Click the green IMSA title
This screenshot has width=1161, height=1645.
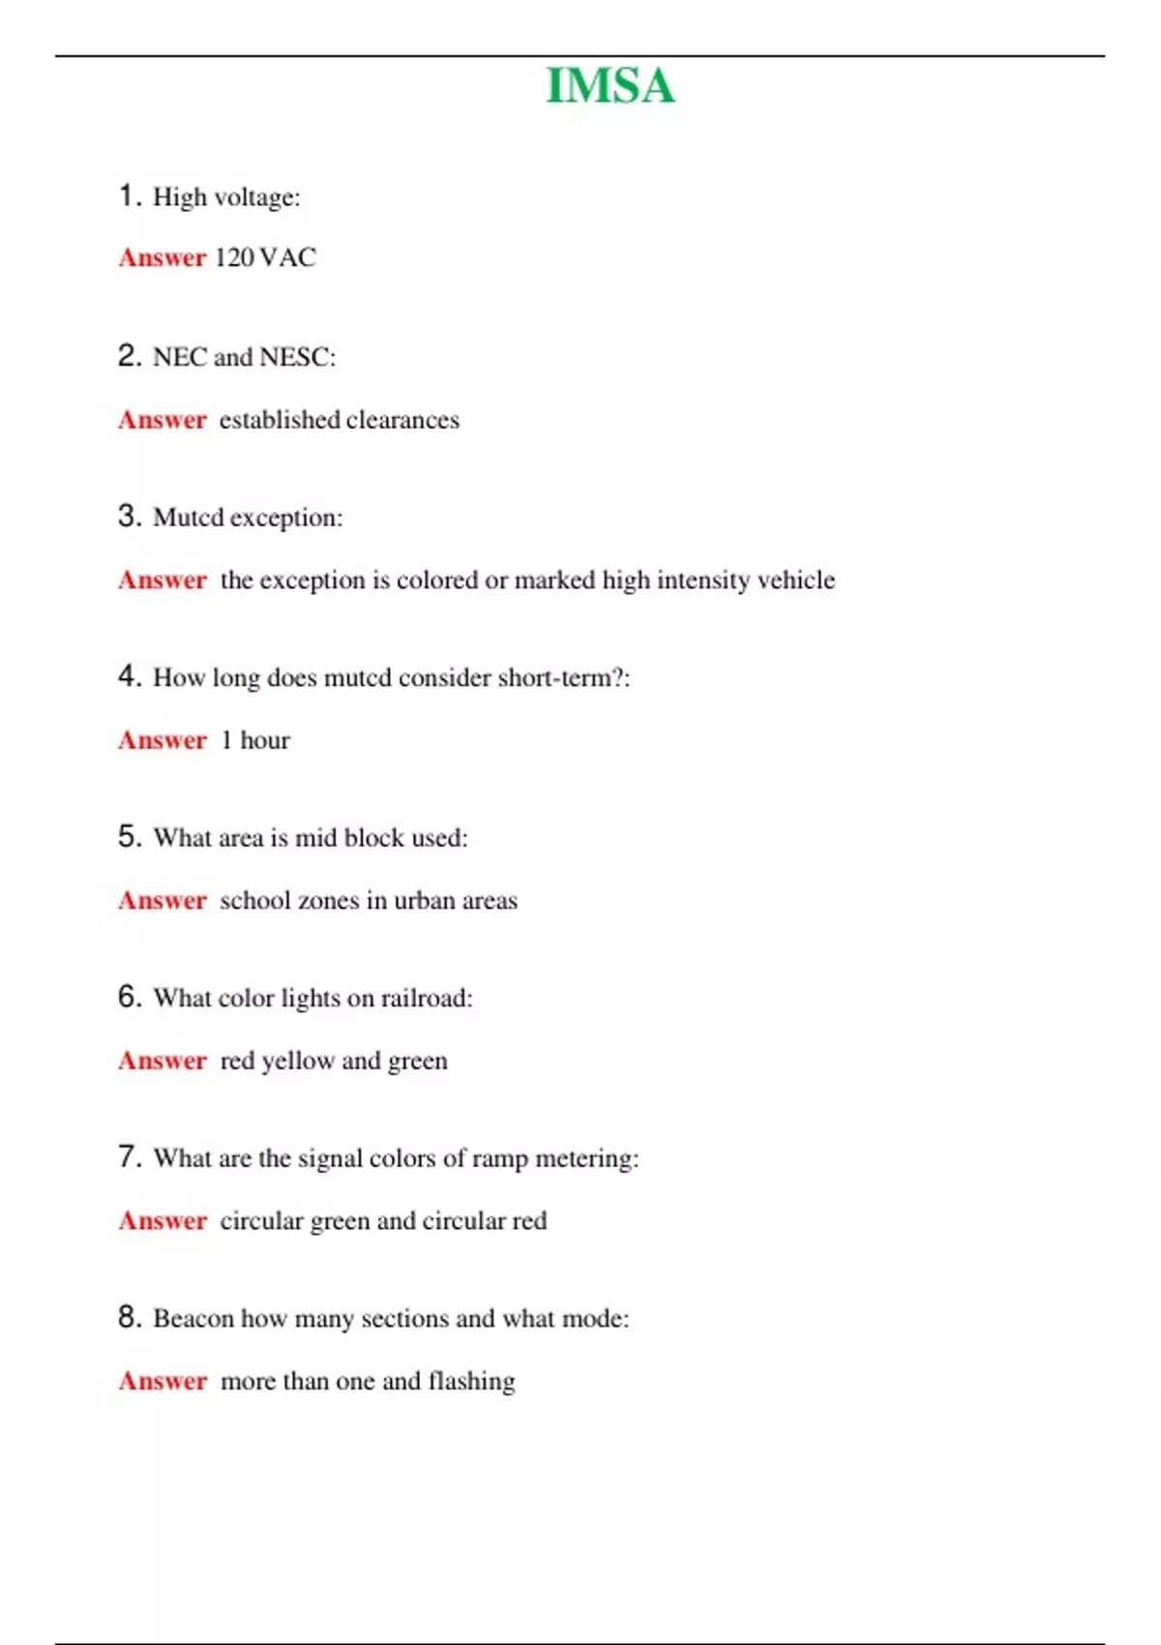coord(610,86)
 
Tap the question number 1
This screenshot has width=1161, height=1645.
coord(130,196)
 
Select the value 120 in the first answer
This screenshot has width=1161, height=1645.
coord(234,257)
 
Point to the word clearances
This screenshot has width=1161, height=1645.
coord(402,420)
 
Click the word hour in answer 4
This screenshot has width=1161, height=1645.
coord(265,740)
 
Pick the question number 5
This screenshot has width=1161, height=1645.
coord(130,837)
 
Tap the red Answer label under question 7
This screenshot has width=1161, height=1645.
coord(163,1221)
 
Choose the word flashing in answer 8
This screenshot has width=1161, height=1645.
coord(471,1382)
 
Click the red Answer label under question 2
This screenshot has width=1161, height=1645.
coord(163,420)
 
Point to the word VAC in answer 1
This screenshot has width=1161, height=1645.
coord(288,257)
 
